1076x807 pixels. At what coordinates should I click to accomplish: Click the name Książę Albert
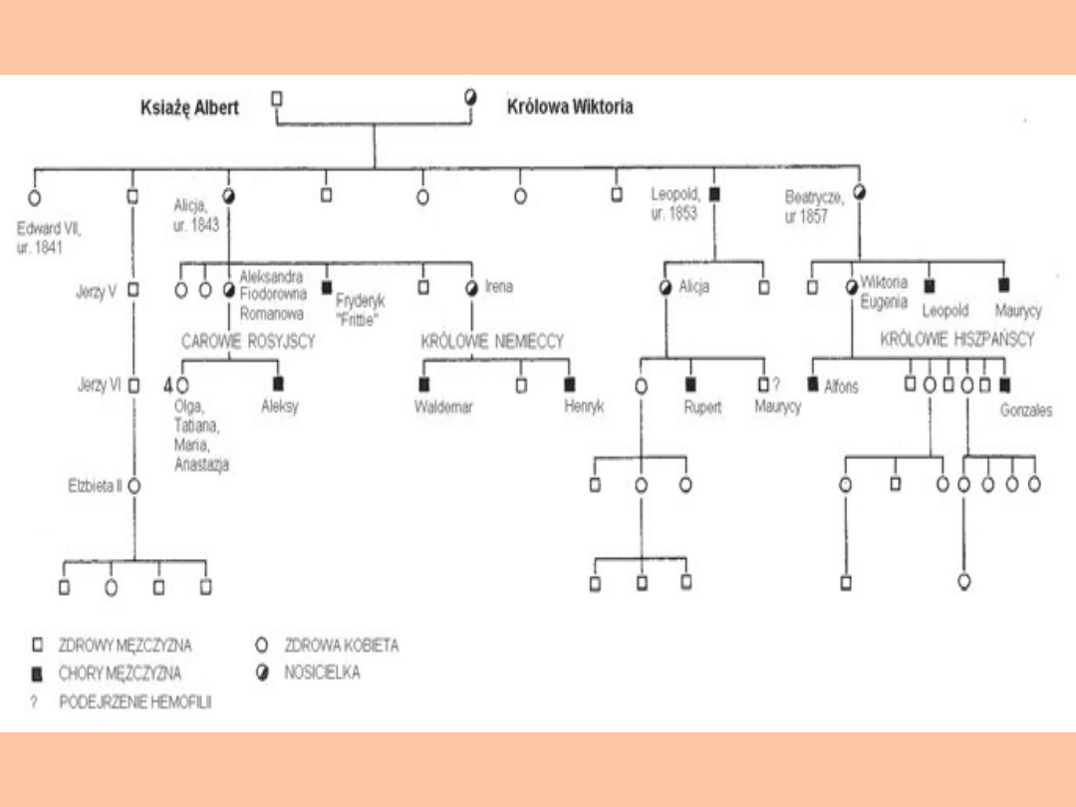coord(189,108)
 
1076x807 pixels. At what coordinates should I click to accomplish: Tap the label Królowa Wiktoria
coord(570,107)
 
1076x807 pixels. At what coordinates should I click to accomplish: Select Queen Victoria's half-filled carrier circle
coord(471,98)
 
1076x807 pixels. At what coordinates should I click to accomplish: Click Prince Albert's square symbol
coord(277,98)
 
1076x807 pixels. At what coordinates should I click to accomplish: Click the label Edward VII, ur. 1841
coord(49,237)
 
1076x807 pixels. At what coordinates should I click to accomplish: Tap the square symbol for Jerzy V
coord(134,291)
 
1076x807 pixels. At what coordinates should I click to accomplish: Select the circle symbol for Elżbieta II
coord(134,486)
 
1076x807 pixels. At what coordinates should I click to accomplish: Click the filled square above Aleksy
coord(278,384)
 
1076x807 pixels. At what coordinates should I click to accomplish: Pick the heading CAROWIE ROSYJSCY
coord(248,342)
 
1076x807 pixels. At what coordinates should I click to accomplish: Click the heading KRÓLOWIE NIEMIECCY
coord(492,342)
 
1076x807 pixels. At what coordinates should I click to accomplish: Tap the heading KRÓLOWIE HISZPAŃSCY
coord(957,340)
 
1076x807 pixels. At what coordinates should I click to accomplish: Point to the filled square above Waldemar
coord(424,384)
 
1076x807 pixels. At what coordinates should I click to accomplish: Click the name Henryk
coord(584,406)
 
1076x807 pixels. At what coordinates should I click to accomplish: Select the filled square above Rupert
coord(689,384)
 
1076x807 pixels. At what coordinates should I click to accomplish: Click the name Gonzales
coord(1026,410)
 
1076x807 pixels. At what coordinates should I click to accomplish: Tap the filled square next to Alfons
coord(813,384)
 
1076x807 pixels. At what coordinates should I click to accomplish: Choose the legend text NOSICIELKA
coord(322,672)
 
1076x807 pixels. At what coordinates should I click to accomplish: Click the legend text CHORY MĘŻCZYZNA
coord(120,673)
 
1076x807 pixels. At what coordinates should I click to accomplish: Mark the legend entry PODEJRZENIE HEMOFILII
coord(134,701)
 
